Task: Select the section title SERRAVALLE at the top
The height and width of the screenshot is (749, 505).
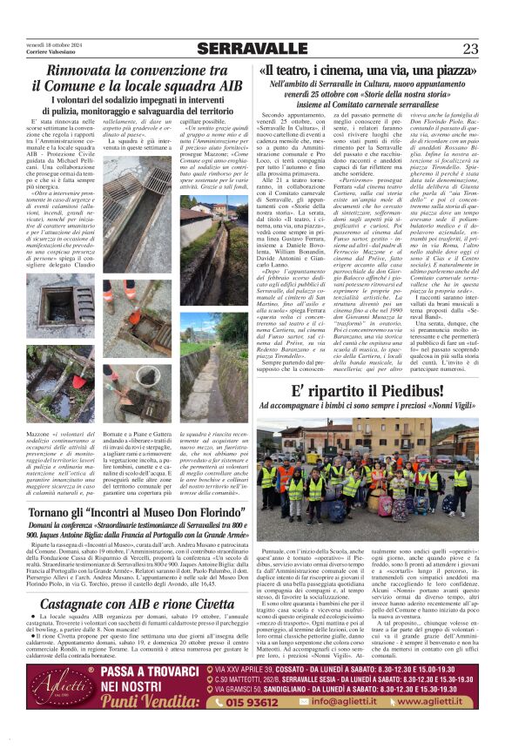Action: tap(252, 49)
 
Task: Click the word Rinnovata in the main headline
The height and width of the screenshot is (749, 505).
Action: tap(86, 71)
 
